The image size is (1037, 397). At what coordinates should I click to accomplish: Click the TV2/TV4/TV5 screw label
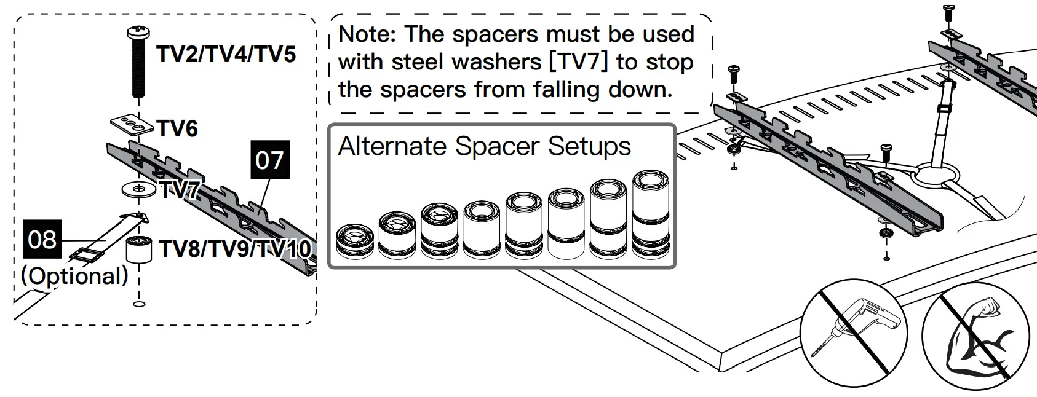click(x=226, y=54)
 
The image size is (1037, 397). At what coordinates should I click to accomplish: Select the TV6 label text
click(x=177, y=129)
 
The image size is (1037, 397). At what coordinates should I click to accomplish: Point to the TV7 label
click(x=179, y=191)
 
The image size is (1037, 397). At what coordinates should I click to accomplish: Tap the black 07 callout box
click(x=269, y=160)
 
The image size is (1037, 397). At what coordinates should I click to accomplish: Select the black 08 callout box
click(x=42, y=239)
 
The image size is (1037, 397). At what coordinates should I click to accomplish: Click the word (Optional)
click(x=74, y=276)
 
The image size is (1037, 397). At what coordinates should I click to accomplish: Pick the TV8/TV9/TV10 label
click(x=235, y=249)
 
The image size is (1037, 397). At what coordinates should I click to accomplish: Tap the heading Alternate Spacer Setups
click(x=484, y=146)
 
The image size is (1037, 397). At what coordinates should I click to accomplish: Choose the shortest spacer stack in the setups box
click(x=355, y=240)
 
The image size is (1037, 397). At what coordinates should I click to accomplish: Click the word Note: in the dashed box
click(x=367, y=34)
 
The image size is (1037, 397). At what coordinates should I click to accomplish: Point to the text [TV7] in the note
click(x=579, y=62)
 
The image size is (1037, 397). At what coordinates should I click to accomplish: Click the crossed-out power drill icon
click(x=854, y=332)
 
